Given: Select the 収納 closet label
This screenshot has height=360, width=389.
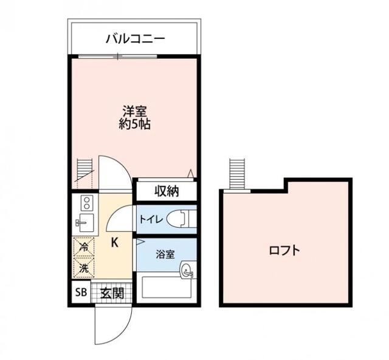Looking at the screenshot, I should tap(166, 191).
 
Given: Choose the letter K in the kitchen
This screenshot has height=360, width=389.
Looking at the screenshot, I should tap(114, 242).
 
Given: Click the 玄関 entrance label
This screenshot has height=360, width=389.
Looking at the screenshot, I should tap(112, 293).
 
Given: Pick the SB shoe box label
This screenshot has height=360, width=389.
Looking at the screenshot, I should tap(81, 293).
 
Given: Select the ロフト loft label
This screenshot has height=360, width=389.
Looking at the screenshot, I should tap(284, 250).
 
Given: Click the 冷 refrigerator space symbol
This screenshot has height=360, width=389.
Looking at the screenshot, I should tap(82, 246).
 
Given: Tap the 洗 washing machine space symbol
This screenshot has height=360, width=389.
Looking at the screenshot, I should tap(82, 267).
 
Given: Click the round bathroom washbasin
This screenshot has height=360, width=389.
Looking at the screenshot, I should tap(187, 271).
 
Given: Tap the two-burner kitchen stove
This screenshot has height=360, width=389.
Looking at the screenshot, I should tap(85, 202).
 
